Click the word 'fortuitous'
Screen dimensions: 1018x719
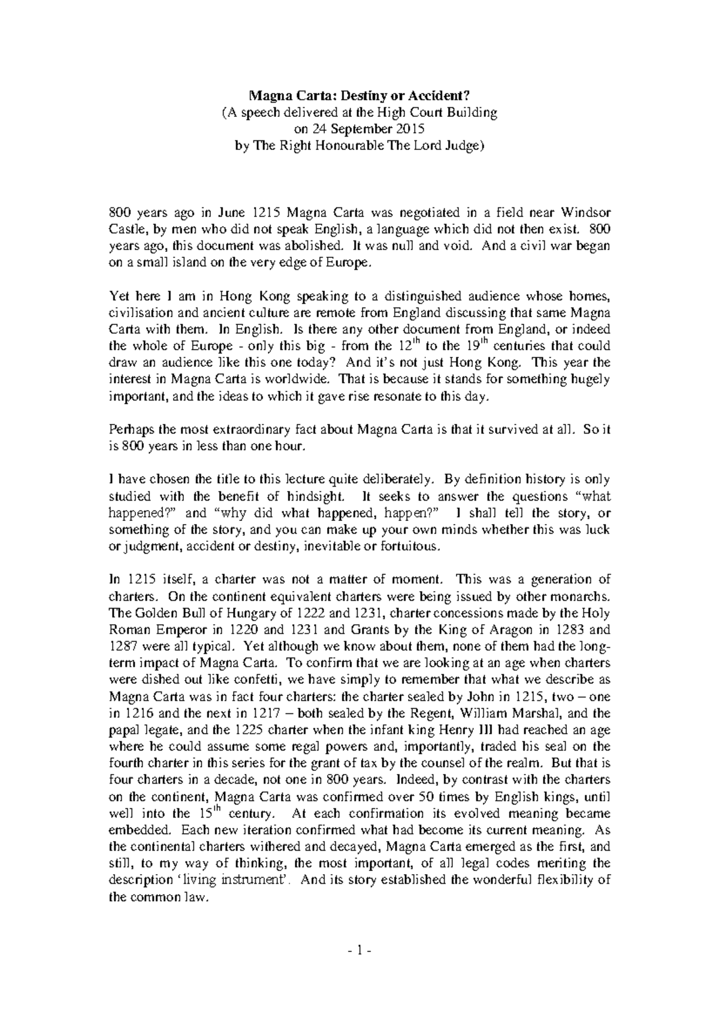(x=413, y=547)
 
